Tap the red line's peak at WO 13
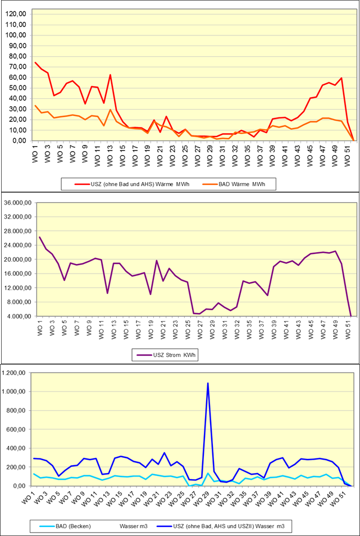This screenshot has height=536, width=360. coord(110,75)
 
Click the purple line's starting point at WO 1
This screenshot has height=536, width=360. coord(39,237)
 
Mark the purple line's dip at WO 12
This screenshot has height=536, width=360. coord(107,293)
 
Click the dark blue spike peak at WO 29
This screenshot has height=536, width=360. coord(208,383)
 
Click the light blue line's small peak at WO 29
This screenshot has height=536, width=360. coord(208,473)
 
